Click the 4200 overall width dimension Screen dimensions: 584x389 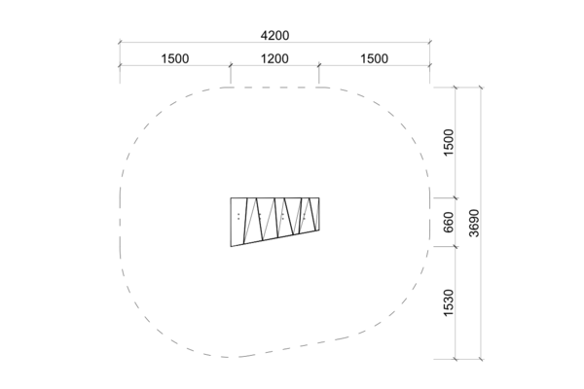(x=274, y=36)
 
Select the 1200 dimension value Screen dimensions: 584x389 (x=274, y=58)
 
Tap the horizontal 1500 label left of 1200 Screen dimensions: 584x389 (x=175, y=58)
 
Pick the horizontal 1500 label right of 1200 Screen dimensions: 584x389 (x=375, y=58)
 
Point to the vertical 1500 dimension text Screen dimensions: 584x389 (x=449, y=143)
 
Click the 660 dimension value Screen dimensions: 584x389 (x=449, y=222)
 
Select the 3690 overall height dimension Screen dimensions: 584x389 (x=474, y=224)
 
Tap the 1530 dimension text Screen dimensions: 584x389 (x=449, y=302)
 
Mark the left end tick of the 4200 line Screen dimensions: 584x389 (x=120, y=43)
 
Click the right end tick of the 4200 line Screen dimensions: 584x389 (x=430, y=43)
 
